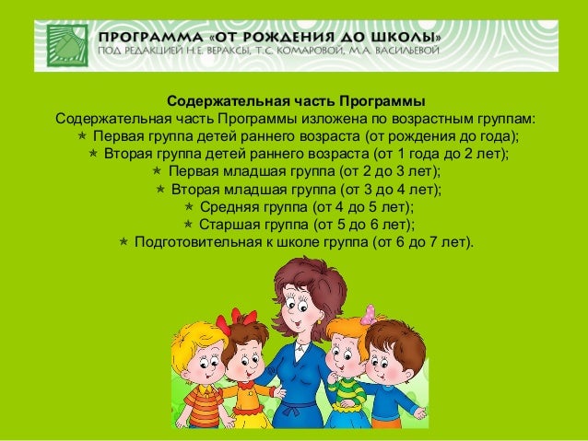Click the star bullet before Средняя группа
coord(190,207)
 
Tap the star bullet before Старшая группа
coord(188,225)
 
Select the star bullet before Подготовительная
coord(123,242)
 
